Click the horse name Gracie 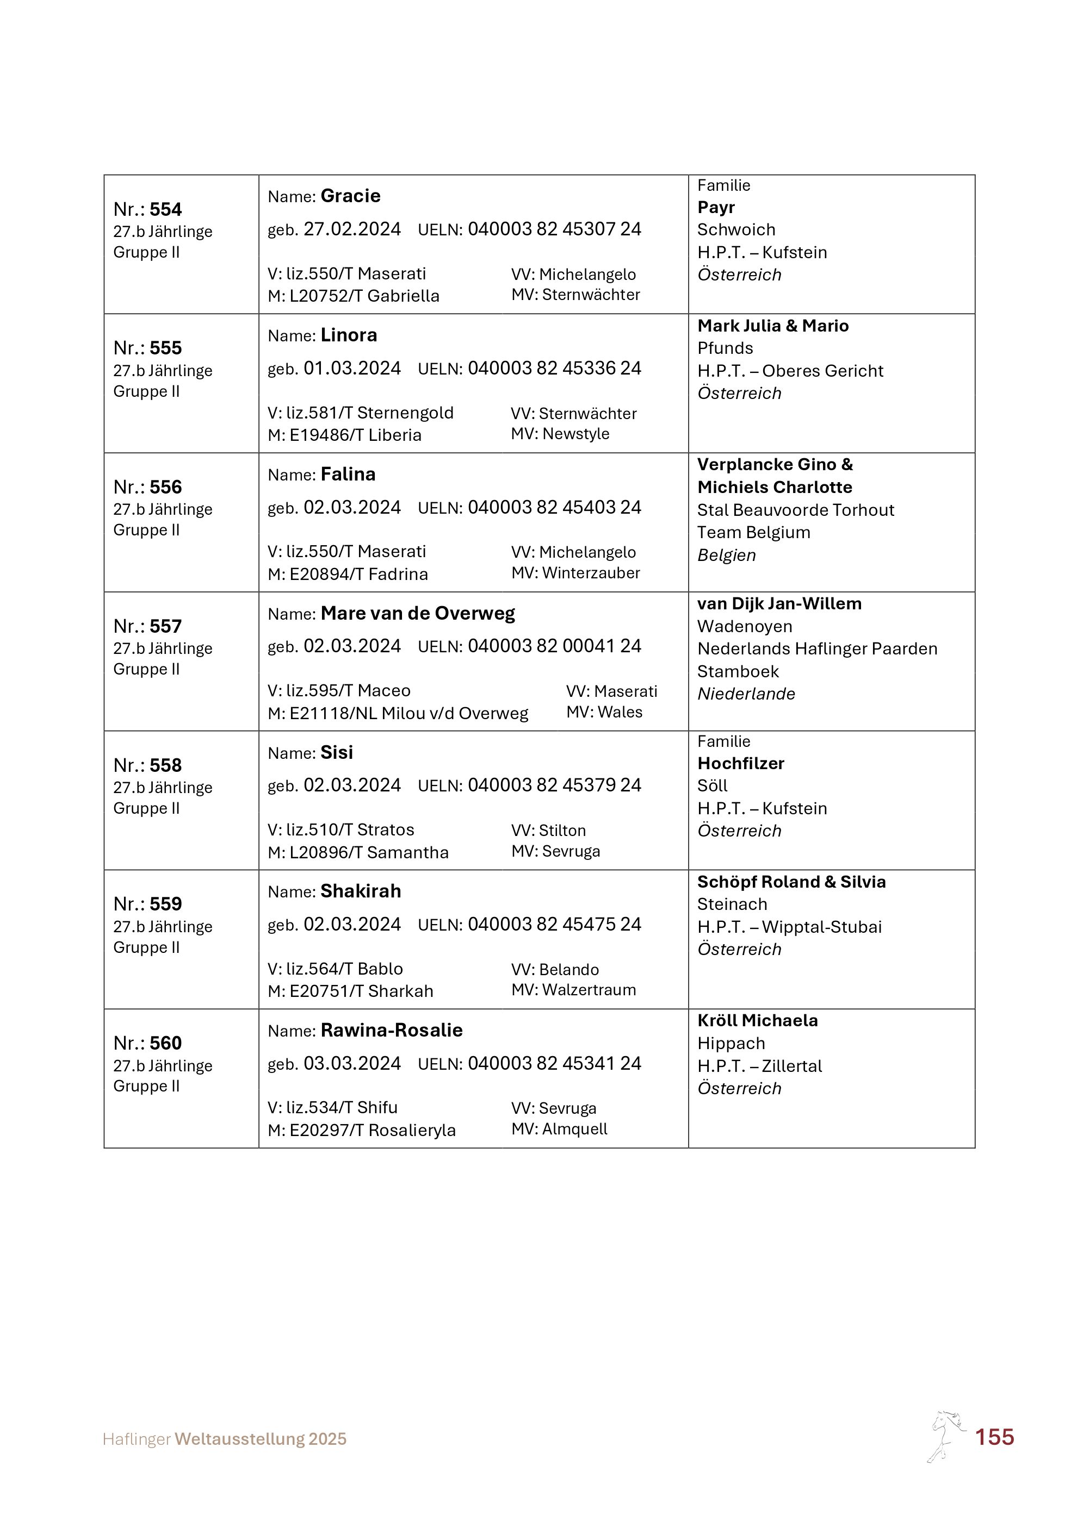click(350, 196)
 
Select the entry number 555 click(165, 348)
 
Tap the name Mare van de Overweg click(417, 613)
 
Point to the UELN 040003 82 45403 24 click(554, 507)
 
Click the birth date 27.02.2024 click(352, 229)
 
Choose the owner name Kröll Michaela click(757, 1020)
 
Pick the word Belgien click(726, 555)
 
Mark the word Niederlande click(746, 694)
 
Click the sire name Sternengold click(405, 413)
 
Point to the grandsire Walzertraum click(589, 990)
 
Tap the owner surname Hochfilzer click(741, 763)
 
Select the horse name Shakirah click(361, 891)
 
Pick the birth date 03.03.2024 click(352, 1063)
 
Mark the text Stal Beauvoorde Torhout click(795, 510)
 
